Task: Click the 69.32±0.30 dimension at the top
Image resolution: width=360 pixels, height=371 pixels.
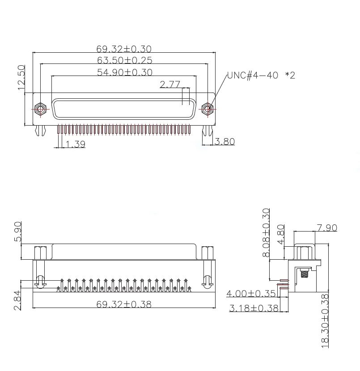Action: [x=124, y=49]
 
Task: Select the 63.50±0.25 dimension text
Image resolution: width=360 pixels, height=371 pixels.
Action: [x=124, y=60]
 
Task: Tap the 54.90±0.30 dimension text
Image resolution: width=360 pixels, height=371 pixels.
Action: [x=124, y=72]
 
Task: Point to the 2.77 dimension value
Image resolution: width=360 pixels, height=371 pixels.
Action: [x=170, y=84]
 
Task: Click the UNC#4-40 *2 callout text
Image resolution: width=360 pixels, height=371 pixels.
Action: [x=261, y=75]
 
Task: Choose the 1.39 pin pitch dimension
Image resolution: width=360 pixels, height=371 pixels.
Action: [x=75, y=144]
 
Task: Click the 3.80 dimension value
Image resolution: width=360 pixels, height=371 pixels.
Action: [x=224, y=142]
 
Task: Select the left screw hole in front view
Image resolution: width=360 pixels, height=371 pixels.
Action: [x=41, y=109]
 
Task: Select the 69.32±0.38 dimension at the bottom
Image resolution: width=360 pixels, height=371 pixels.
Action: [x=124, y=304]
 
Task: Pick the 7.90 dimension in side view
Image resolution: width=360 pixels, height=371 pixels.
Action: [x=326, y=228]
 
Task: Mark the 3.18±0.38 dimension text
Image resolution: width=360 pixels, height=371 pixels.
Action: [x=254, y=308]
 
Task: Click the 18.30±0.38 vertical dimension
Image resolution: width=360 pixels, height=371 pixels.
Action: [x=325, y=320]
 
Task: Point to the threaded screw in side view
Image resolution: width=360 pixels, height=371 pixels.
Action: [x=305, y=274]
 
